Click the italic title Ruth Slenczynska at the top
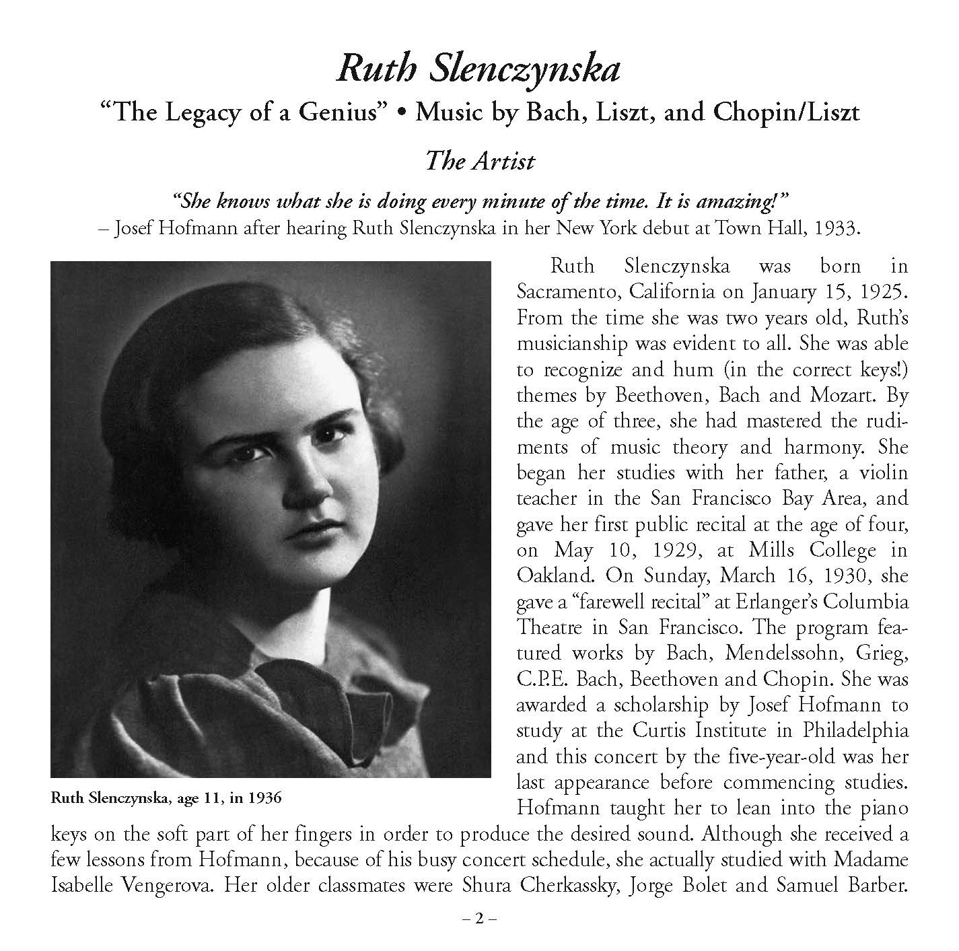pyautogui.click(x=478, y=69)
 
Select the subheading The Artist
pyautogui.click(x=480, y=161)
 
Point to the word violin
pyautogui.click(x=878, y=472)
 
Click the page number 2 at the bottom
pyautogui.click(x=479, y=919)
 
